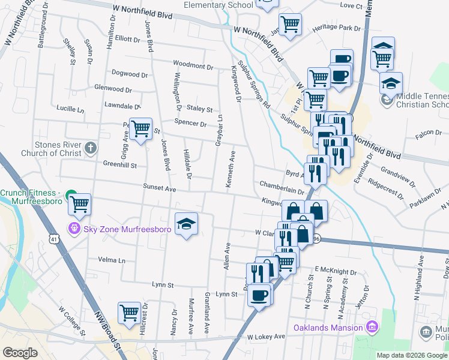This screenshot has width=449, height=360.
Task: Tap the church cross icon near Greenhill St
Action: pyautogui.click(x=90, y=148)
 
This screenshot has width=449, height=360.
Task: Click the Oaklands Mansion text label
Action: pyautogui.click(x=328, y=328)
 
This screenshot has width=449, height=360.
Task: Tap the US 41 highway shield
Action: pyautogui.click(x=55, y=239)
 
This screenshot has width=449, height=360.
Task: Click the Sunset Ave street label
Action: pyautogui.click(x=159, y=188)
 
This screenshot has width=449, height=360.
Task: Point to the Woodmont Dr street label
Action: pyautogui.click(x=193, y=64)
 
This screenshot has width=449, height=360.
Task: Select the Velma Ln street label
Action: pyautogui.click(x=113, y=260)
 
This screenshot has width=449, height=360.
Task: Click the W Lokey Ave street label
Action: pyautogui.click(x=265, y=338)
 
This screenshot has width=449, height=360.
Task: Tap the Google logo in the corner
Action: pyautogui.click(x=20, y=353)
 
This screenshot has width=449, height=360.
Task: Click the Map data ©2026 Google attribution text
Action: pyautogui.click(x=411, y=355)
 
